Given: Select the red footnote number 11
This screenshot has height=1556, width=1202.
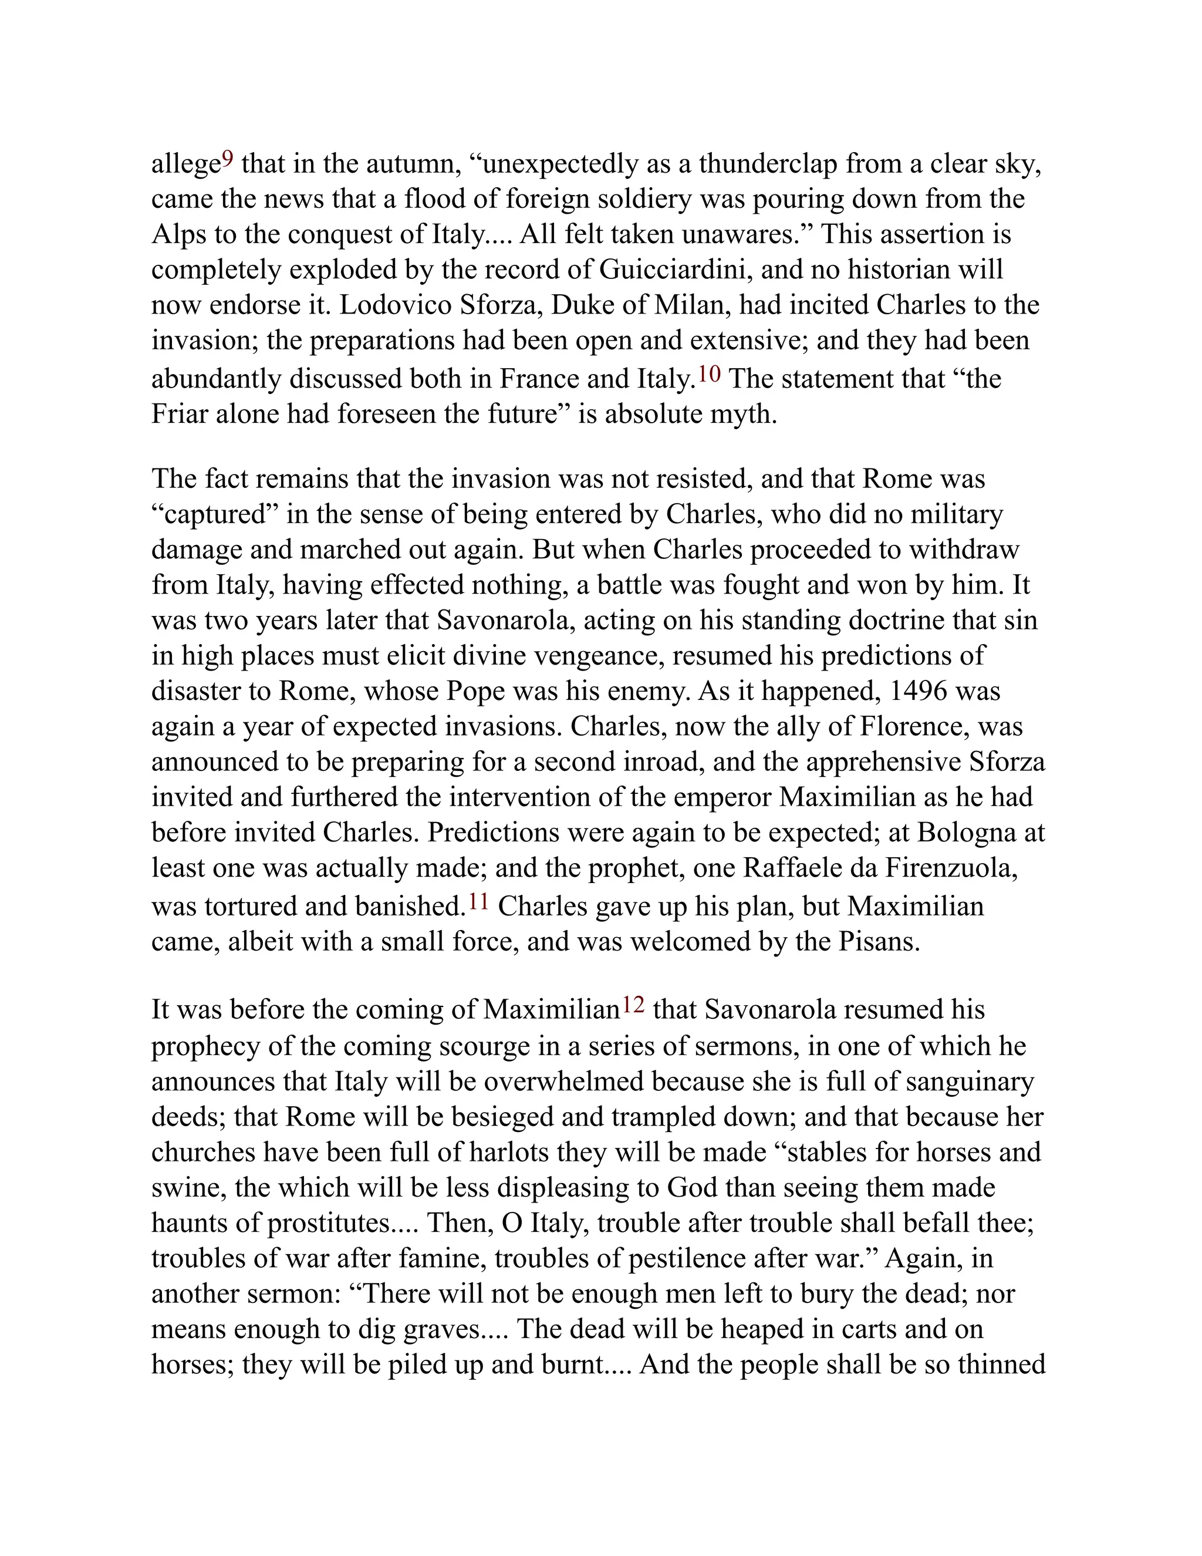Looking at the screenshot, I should point(478,901).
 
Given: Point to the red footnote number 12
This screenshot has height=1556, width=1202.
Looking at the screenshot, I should point(633,1005).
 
